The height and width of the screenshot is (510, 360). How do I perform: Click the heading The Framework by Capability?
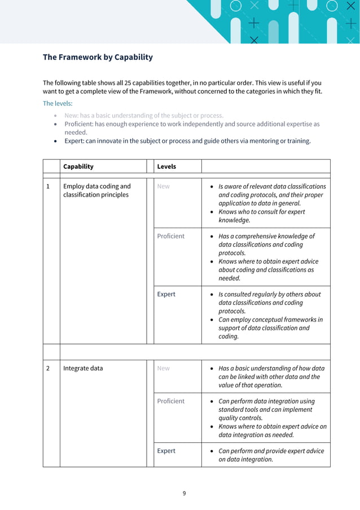[98, 58]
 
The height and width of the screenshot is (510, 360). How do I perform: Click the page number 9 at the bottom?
[184, 493]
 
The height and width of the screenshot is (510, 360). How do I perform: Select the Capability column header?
[78, 167]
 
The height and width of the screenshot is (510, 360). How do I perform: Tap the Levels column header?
[166, 167]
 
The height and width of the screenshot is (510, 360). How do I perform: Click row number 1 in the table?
[48, 186]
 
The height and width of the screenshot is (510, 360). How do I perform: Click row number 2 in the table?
[48, 368]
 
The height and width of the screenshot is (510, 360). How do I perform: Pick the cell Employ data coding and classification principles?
[96, 190]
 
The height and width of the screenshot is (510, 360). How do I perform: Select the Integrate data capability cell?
[83, 368]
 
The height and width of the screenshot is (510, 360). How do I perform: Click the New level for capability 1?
[163, 186]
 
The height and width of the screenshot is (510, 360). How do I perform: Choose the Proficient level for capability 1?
[170, 236]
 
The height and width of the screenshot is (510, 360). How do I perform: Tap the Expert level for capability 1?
[166, 294]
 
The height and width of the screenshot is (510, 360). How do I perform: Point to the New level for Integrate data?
[163, 368]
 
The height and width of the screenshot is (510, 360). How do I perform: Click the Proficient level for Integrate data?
[170, 401]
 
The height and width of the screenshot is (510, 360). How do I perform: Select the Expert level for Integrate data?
[166, 451]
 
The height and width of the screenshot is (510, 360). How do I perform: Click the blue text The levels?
[58, 103]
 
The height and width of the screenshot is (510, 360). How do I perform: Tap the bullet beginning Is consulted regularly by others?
[270, 303]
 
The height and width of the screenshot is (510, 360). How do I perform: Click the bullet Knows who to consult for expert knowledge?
[262, 216]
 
